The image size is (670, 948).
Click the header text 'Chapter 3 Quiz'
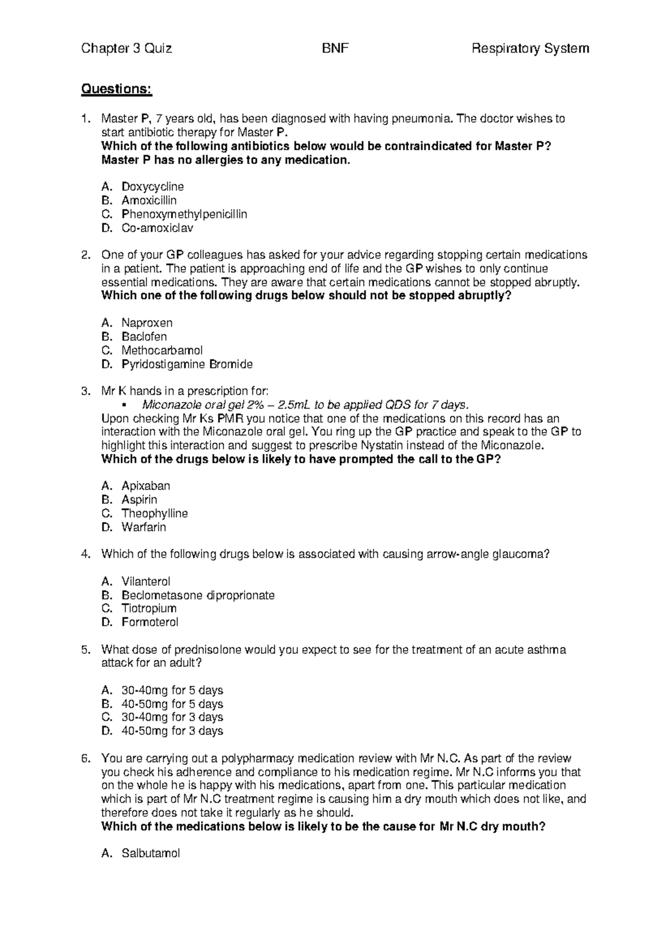point(126,49)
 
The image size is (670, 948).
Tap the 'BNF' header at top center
point(335,49)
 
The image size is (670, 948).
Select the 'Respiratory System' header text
point(530,49)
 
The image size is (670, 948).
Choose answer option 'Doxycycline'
point(152,186)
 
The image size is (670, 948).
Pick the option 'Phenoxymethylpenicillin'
point(184,214)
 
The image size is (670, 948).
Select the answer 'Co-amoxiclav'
point(157,228)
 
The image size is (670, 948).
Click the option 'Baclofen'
point(144,337)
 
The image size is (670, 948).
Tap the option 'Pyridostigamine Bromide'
point(187,365)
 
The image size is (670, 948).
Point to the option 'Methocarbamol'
point(162,351)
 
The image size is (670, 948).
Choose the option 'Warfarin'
point(143,527)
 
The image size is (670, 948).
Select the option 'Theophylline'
point(155,513)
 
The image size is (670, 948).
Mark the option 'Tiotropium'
point(149,608)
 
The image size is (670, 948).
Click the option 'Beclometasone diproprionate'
point(198,595)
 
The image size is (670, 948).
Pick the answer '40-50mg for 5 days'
point(172,704)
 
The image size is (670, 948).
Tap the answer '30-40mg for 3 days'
point(172,717)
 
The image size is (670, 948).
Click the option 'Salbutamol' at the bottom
point(151,853)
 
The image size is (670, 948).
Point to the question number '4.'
point(85,554)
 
